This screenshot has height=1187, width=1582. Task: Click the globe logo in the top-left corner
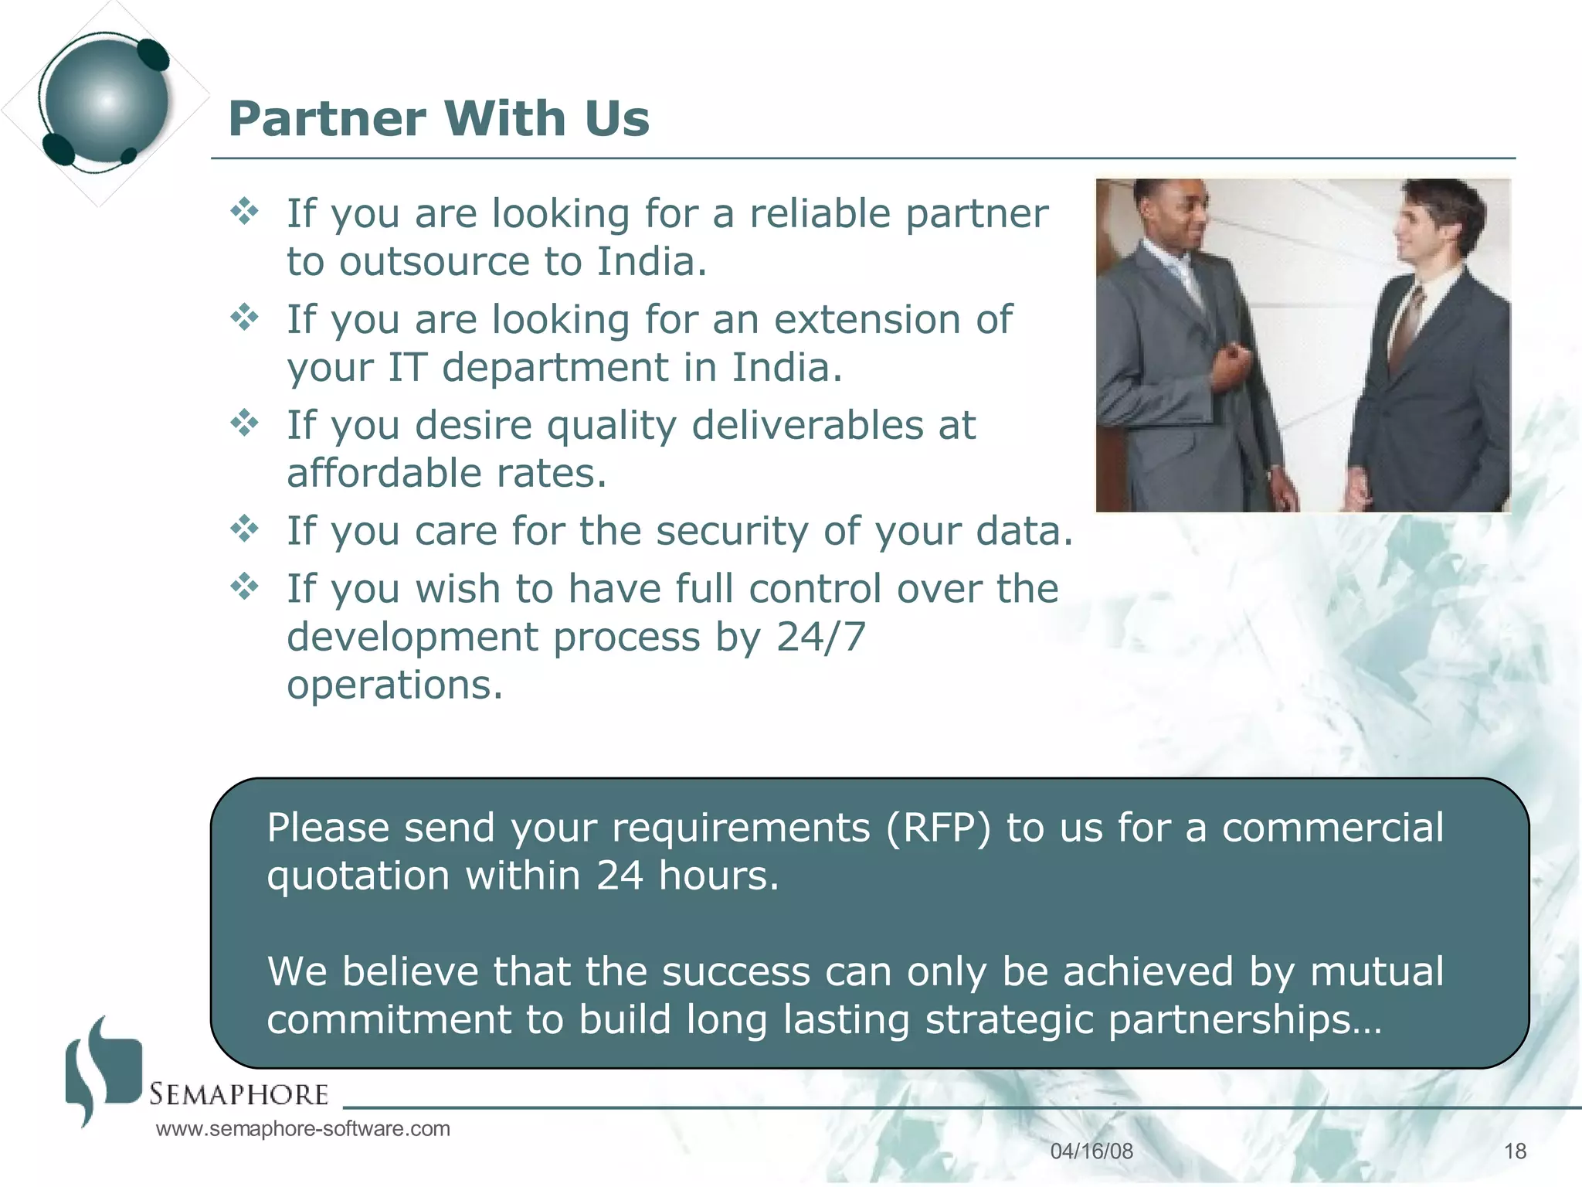106,100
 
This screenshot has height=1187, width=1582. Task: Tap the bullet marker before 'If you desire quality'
245,423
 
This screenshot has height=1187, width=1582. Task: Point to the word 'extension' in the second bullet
867,319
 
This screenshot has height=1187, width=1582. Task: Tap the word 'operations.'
395,685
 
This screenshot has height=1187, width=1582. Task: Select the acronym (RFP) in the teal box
938,828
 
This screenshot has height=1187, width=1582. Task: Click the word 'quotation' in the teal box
358,876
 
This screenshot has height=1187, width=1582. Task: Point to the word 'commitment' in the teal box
389,1019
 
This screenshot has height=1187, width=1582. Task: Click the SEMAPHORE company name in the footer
239,1094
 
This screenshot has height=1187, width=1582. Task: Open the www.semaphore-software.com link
303,1129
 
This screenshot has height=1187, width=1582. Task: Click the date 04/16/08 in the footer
1091,1151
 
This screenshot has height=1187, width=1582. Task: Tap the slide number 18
1515,1151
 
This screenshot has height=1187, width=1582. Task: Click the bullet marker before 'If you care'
245,529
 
